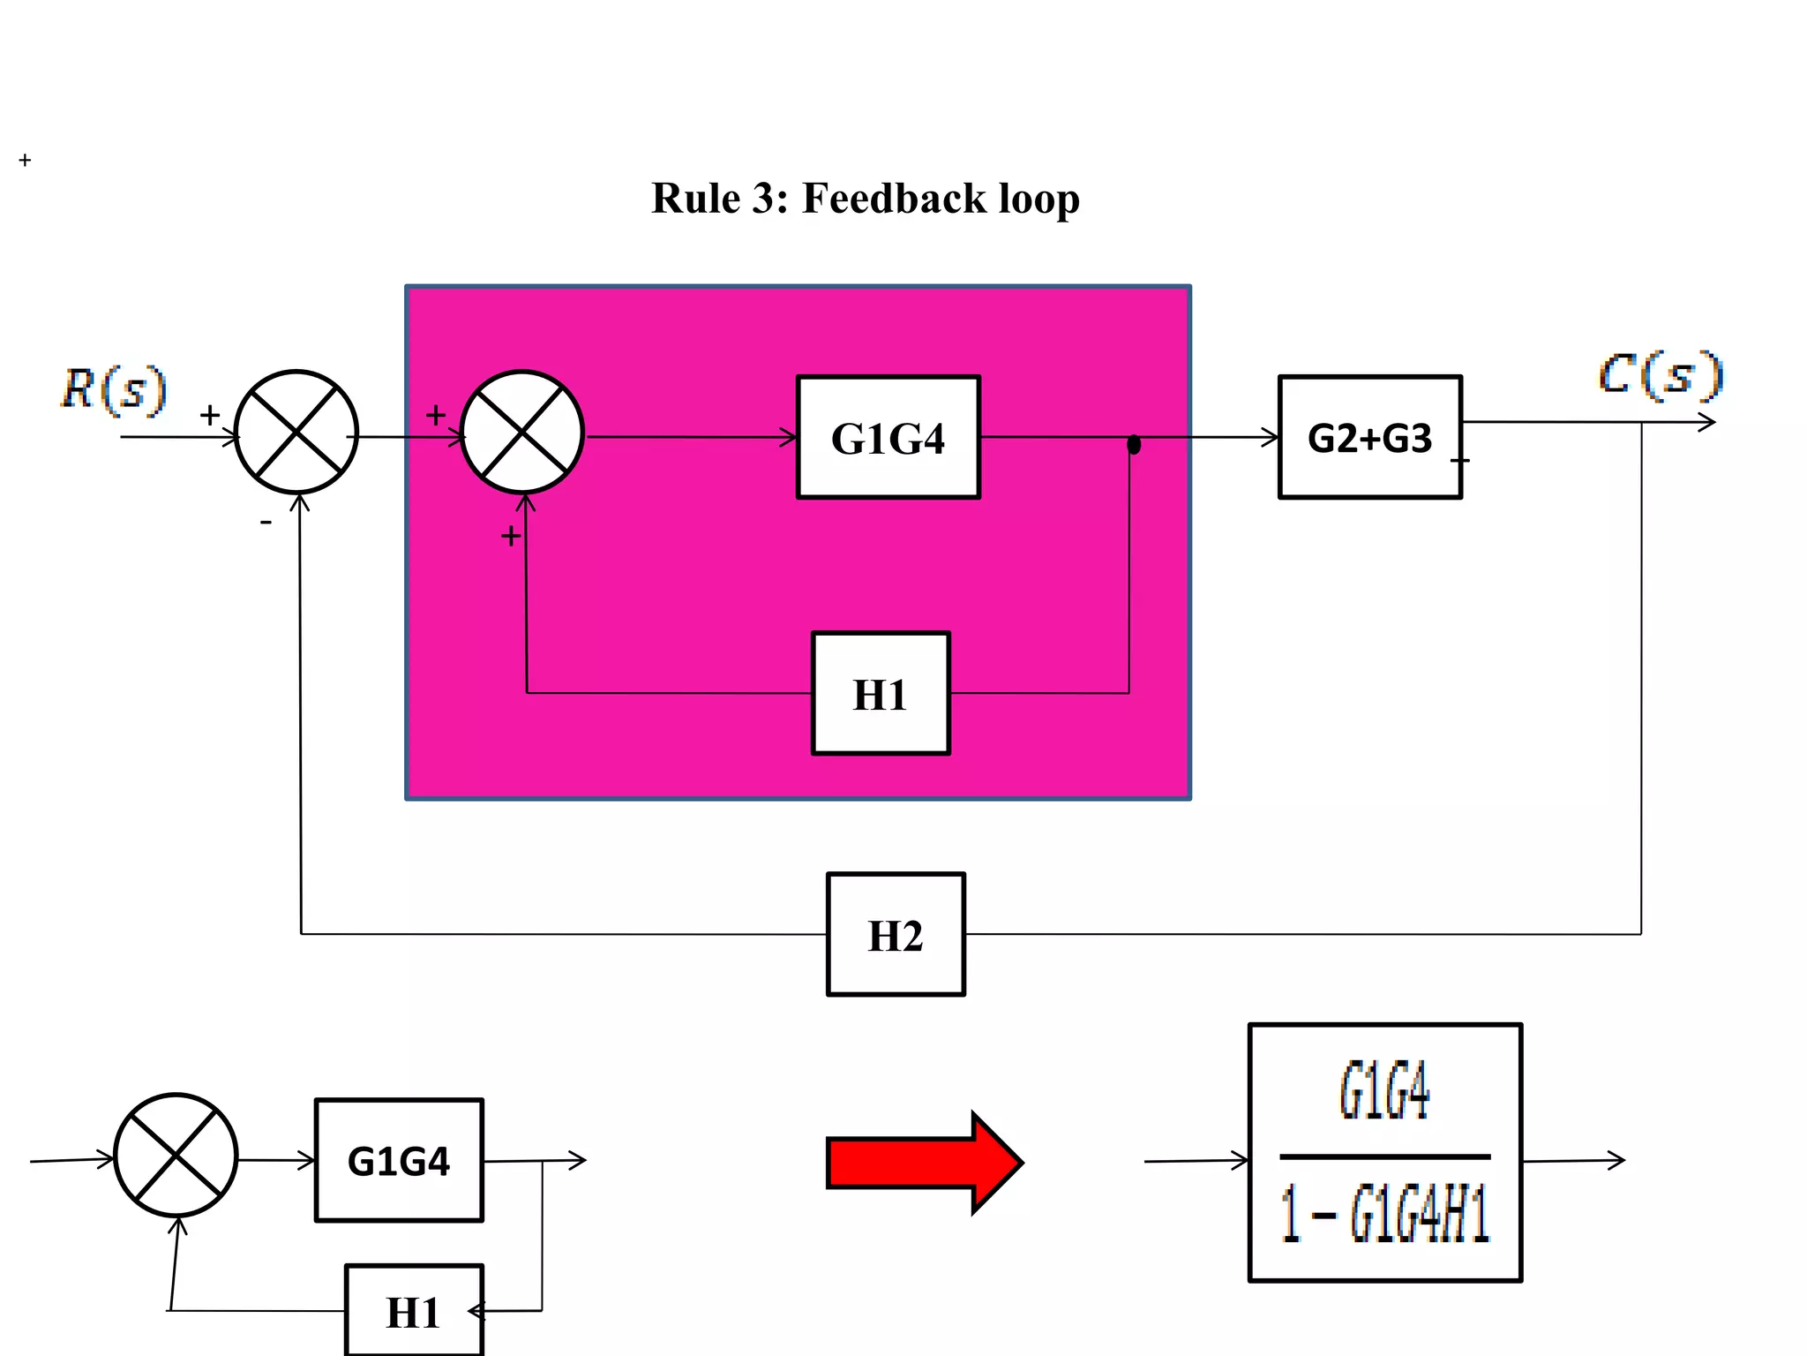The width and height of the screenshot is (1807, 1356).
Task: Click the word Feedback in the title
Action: coord(893,199)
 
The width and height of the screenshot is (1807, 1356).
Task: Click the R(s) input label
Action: coord(114,389)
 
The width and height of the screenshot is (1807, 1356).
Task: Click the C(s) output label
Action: coord(1661,375)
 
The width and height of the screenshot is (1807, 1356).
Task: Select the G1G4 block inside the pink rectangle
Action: coord(888,438)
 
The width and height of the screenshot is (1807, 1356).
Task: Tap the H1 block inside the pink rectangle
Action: coord(881,694)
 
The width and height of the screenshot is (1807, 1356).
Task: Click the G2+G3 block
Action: coord(1369,438)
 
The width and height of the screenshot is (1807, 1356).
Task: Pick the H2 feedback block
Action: coord(896,935)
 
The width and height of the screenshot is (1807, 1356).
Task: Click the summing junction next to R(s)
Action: coord(296,432)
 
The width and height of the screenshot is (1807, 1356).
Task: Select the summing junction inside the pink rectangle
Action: coord(522,432)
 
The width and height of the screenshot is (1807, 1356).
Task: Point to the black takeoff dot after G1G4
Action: coord(1134,445)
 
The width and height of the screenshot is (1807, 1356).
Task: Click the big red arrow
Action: coord(923,1163)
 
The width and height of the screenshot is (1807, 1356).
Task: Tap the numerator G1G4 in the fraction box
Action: coord(1383,1092)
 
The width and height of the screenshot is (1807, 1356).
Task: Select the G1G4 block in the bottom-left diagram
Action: coord(399,1161)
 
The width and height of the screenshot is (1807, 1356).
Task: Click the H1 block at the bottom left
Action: coord(414,1312)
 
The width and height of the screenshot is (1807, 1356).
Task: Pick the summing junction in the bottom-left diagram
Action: coord(176,1156)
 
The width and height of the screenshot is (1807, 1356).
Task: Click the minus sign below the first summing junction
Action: coord(266,524)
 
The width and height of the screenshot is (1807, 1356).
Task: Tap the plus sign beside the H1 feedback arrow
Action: coord(510,536)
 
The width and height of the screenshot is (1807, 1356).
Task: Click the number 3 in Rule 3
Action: coord(762,199)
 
